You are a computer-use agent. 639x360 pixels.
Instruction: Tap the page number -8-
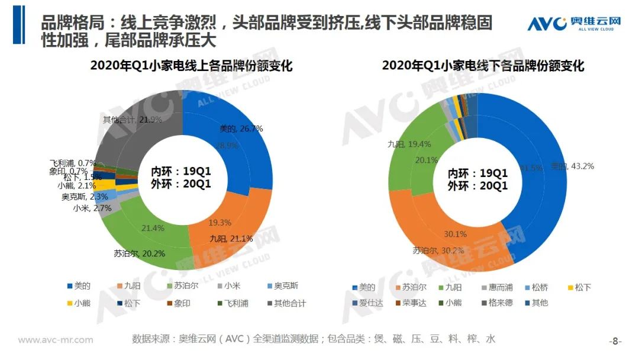coord(615,341)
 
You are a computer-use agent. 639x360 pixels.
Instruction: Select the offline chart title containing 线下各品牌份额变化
coord(483,65)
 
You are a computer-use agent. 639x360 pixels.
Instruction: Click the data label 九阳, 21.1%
coord(231,239)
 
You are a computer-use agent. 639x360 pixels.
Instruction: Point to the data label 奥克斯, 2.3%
coord(84,197)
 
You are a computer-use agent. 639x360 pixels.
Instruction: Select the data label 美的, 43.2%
coord(572,166)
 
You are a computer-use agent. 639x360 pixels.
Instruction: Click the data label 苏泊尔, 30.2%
coord(438,251)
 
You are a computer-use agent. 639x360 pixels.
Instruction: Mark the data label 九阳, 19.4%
coord(409,144)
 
